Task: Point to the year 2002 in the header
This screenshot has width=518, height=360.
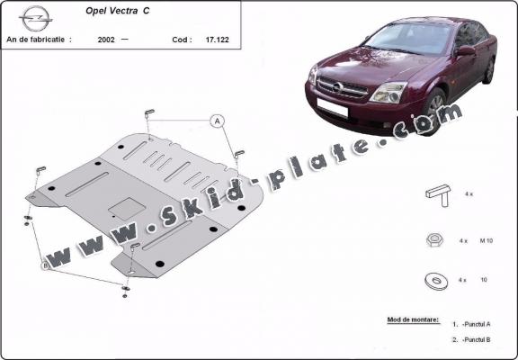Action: (x=107, y=40)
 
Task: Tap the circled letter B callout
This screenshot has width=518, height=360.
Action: (x=45, y=265)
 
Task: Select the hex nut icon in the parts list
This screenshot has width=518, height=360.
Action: (x=436, y=239)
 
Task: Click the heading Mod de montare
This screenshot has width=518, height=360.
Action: (x=412, y=319)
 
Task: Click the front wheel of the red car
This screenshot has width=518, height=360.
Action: (x=435, y=115)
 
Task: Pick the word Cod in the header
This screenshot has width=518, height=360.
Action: (x=181, y=40)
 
